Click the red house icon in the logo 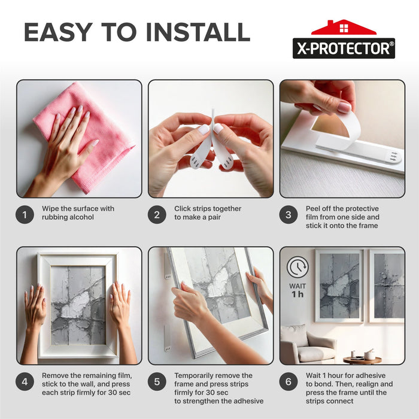click(x=344, y=28)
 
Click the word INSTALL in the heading click(x=198, y=32)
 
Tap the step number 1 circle click(x=25, y=214)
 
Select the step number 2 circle click(x=157, y=214)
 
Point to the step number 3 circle click(x=289, y=214)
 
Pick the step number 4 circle click(x=25, y=381)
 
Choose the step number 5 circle click(x=157, y=381)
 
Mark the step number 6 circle click(x=289, y=381)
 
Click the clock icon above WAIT click(x=297, y=267)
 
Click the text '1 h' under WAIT click(x=297, y=294)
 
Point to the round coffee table click(x=362, y=360)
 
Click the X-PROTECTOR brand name click(x=344, y=48)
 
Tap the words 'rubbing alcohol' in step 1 click(x=68, y=217)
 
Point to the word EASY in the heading click(x=59, y=32)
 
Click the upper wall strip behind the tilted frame click(x=167, y=266)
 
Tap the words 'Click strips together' click(x=208, y=209)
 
